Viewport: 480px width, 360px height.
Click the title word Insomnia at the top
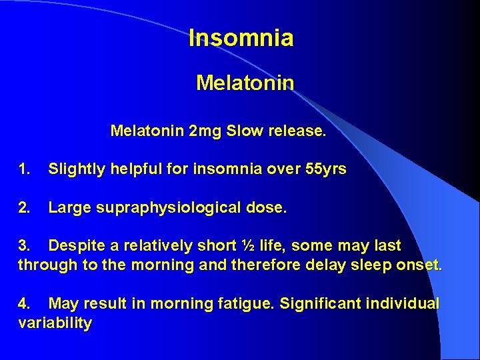point(241,38)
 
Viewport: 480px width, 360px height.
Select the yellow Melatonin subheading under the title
point(245,83)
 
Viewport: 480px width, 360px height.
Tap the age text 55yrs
point(325,169)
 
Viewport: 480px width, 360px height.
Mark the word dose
point(269,208)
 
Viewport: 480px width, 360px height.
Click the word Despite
point(75,247)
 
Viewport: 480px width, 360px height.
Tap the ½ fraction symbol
point(248,247)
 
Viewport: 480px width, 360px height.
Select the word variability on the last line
point(55,323)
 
